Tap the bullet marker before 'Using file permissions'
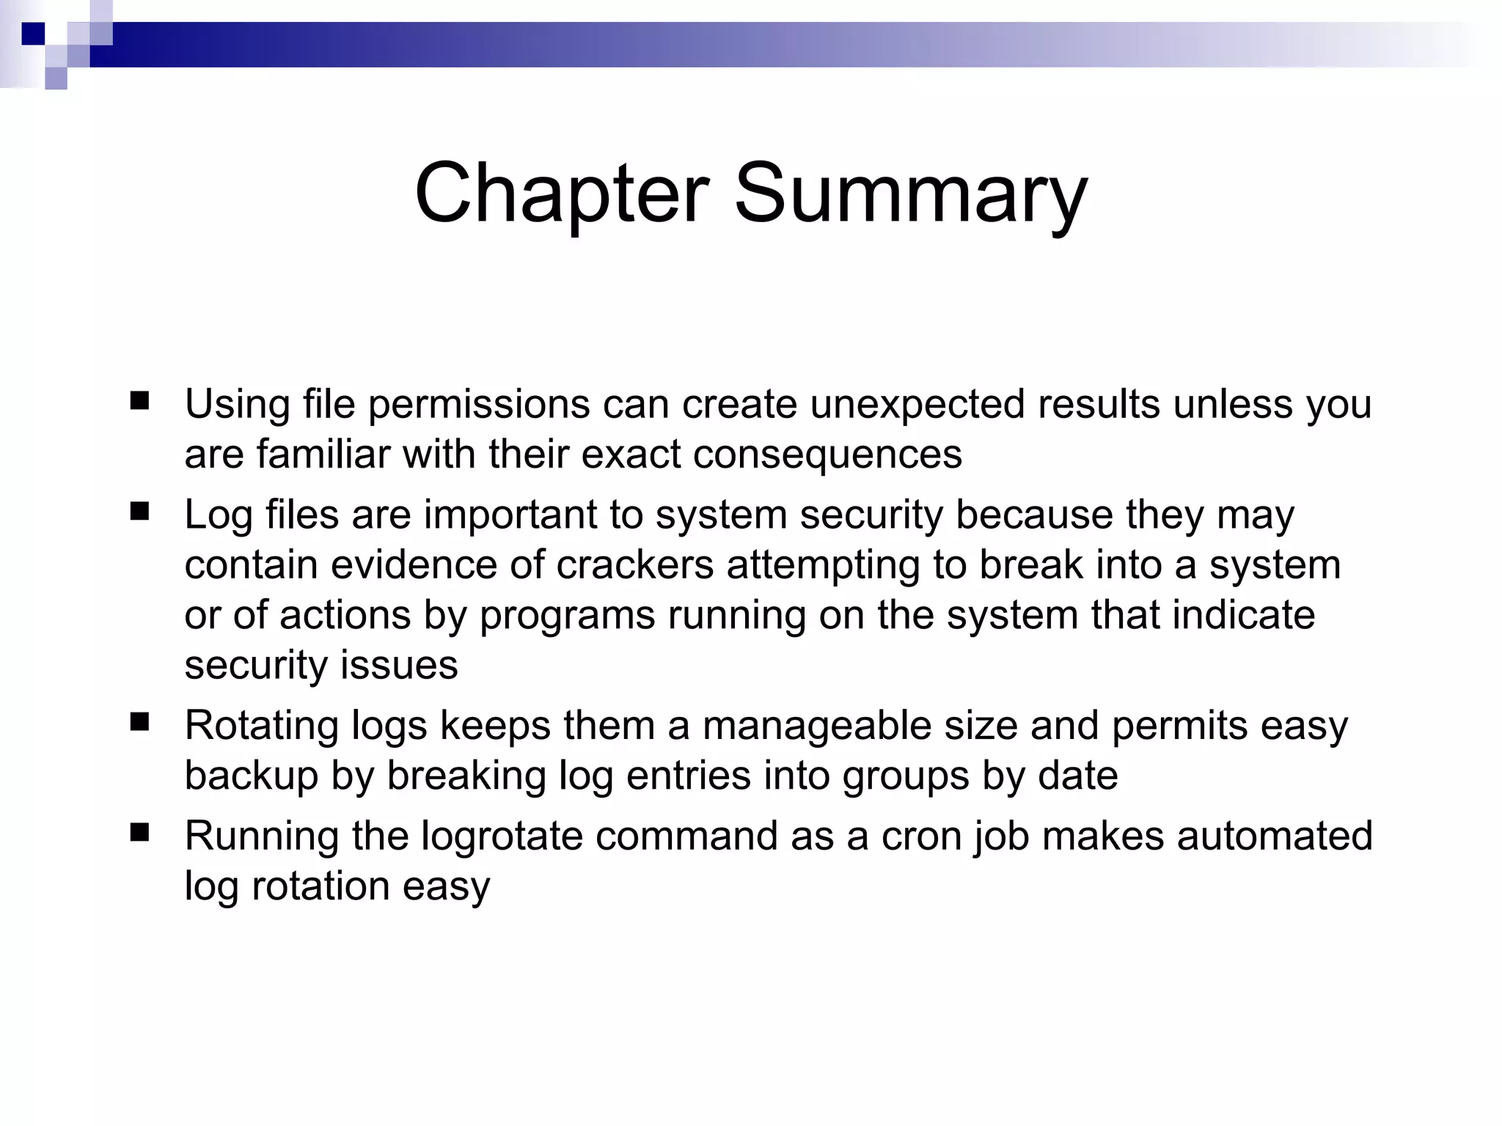[139, 401]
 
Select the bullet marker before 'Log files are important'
[139, 511]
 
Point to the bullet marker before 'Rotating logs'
[139, 723]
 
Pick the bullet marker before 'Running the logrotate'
[139, 833]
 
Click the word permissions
[478, 405]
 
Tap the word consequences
[827, 455]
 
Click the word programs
[567, 616]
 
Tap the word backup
[251, 776]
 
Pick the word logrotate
[502, 836]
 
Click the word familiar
[323, 455]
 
